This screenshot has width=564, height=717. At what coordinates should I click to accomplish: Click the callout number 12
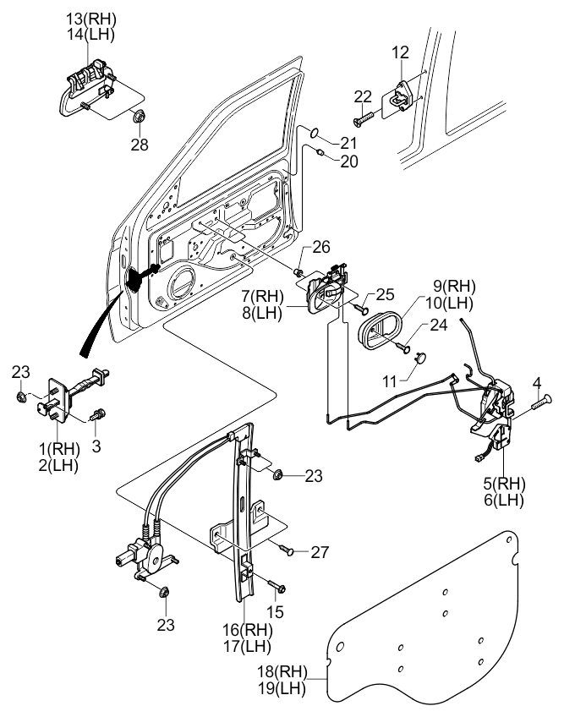(400, 52)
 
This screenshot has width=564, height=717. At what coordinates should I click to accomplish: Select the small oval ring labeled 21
(314, 132)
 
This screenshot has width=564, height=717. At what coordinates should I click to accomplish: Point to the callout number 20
(349, 161)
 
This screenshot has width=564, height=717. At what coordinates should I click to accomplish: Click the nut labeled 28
(137, 117)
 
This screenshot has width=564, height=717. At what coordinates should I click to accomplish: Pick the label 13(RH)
(91, 19)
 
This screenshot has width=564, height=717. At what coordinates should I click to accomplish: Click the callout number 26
(321, 247)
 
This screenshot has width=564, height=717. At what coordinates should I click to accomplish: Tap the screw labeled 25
(360, 309)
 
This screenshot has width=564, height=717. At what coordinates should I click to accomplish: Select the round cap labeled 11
(420, 357)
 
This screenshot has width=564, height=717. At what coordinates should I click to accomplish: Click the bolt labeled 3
(98, 416)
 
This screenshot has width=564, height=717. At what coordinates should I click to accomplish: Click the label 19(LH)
(282, 687)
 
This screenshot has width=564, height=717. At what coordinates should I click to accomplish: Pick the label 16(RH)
(248, 630)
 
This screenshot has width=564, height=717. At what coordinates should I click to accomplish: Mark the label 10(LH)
(449, 303)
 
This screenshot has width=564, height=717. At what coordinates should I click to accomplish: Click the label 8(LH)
(262, 313)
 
